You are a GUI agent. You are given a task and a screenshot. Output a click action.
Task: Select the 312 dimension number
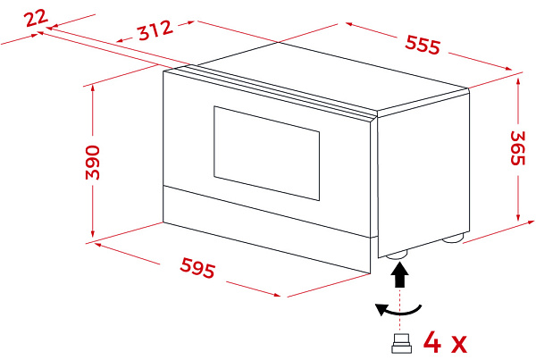coord(155,30)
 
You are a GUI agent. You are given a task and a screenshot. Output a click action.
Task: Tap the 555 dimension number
coord(423,45)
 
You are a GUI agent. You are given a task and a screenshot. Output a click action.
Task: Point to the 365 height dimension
coord(517,148)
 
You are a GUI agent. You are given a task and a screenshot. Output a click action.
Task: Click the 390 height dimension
coord(93,163)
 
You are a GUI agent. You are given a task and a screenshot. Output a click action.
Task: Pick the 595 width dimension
coord(198,267)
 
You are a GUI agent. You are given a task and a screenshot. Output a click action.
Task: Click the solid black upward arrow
coord(399,274)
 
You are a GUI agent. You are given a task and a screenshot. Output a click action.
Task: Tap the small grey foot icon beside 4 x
coord(401,343)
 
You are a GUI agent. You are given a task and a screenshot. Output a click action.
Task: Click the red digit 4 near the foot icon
coord(432,341)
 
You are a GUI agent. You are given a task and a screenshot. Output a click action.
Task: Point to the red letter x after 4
coord(458,344)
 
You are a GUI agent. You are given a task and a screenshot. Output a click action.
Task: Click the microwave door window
coord(266,153)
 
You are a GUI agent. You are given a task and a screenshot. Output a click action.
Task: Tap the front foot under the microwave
coord(397,255)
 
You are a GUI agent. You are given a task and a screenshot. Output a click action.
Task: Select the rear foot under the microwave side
coord(453,238)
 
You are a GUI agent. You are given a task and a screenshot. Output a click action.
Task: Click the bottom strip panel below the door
coord(266,230)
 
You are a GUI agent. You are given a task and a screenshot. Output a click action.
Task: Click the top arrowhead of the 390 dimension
coord(93,89)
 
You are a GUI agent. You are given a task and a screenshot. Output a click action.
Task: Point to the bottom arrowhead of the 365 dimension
coord(518,216)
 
